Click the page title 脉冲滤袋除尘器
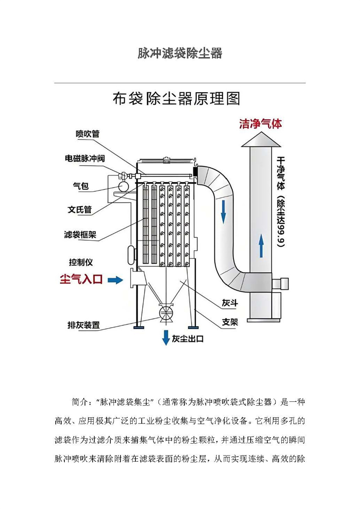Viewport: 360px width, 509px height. (x=180, y=54)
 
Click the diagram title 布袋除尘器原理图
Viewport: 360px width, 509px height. (x=176, y=99)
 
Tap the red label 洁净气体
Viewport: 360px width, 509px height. (x=261, y=124)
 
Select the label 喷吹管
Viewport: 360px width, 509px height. (x=88, y=134)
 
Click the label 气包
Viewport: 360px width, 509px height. (x=81, y=185)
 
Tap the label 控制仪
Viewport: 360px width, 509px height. (x=81, y=262)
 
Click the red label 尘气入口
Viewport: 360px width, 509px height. (x=81, y=279)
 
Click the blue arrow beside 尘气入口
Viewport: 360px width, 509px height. (x=115, y=280)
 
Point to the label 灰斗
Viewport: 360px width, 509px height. (x=229, y=303)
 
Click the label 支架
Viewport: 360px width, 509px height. (x=229, y=322)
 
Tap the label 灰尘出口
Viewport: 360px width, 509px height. (x=188, y=338)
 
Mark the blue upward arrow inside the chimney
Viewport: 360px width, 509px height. (x=261, y=247)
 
